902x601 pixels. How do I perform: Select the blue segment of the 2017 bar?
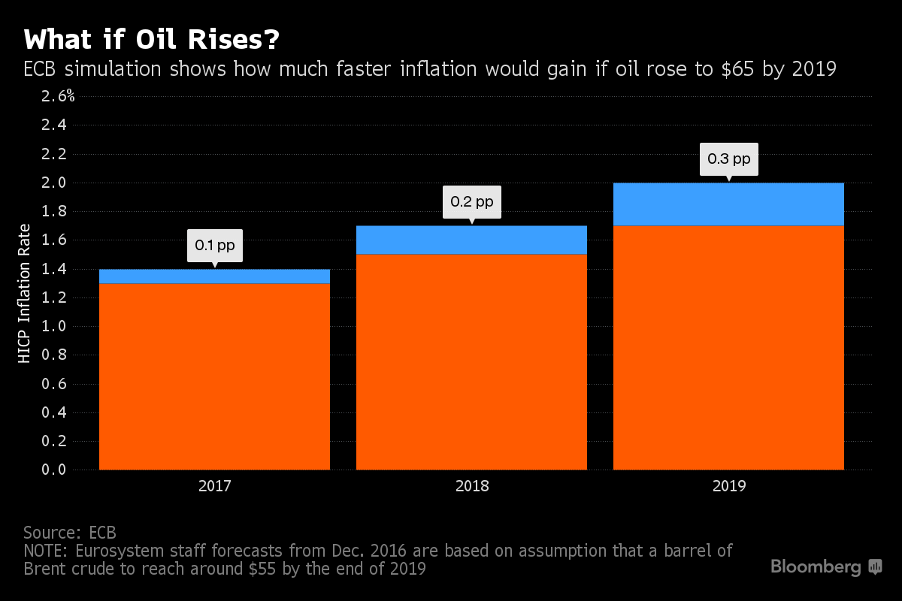point(214,276)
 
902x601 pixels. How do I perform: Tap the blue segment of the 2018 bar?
point(471,240)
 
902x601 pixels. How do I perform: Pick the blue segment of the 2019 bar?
point(728,204)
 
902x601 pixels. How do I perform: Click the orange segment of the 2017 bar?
point(214,376)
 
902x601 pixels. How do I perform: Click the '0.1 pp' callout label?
point(214,245)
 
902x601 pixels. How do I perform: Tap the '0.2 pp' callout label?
point(471,202)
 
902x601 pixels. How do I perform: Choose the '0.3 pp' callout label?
point(728,159)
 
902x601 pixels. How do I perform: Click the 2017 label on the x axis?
point(214,486)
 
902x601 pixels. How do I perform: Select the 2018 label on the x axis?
point(471,486)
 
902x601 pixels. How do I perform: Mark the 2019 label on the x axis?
point(728,486)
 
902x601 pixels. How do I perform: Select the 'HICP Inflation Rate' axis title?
point(25,294)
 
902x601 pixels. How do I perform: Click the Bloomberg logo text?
point(816,567)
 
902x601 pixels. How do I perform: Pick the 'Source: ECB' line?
point(70,533)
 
